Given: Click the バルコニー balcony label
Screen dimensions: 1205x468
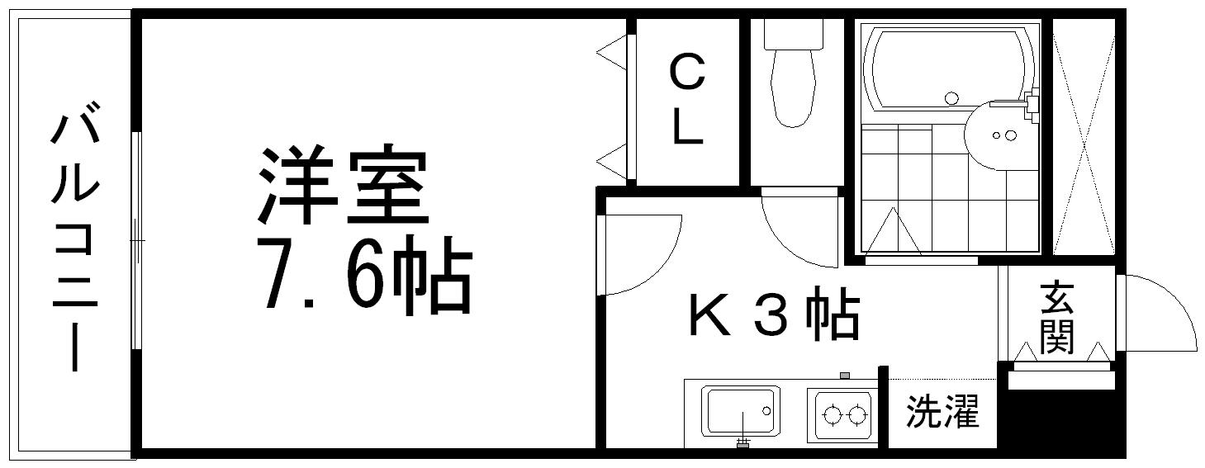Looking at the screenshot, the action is pyautogui.click(x=75, y=236).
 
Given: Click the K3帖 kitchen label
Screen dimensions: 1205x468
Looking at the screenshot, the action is pyautogui.click(x=774, y=314).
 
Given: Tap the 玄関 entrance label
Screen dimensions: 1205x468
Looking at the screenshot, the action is pyautogui.click(x=1056, y=317).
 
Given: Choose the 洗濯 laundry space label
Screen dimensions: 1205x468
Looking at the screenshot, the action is pyautogui.click(x=942, y=412).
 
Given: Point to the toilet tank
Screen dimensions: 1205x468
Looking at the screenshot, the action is pyautogui.click(x=794, y=35).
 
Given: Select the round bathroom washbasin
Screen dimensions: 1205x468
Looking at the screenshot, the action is pyautogui.click(x=999, y=135).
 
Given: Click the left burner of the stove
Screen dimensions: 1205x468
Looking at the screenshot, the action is pyautogui.click(x=833, y=414).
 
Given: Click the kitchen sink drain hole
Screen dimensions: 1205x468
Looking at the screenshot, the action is pyautogui.click(x=766, y=411).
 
